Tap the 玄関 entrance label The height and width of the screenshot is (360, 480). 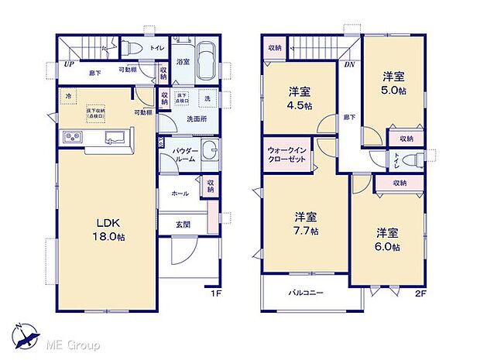[x=180, y=225]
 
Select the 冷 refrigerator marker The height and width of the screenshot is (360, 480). [x=69, y=96]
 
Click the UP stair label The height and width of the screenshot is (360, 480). [x=70, y=63]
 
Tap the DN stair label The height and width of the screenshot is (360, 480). [x=349, y=65]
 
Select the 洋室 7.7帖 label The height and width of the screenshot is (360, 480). [x=305, y=223]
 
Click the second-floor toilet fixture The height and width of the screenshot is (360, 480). [x=417, y=159]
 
